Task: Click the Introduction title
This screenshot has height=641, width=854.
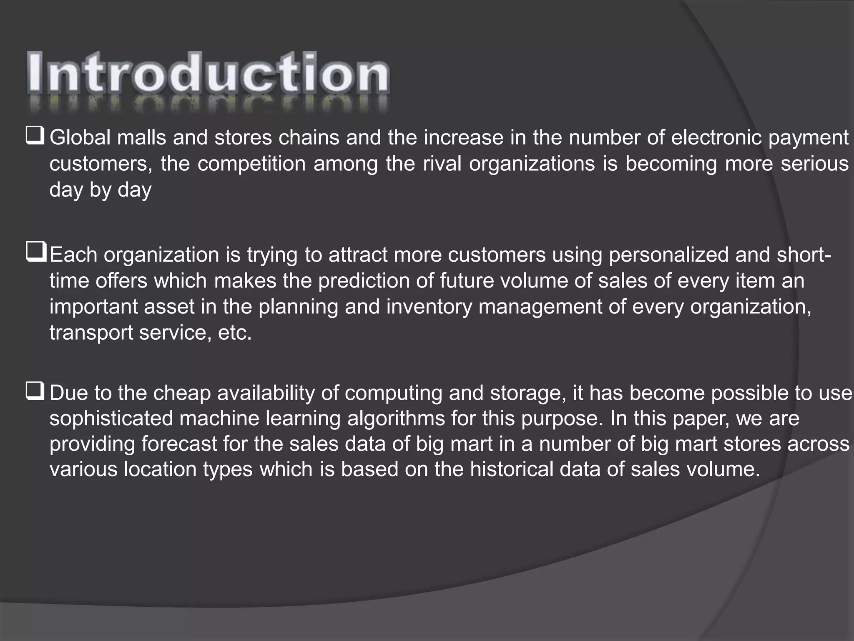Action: [208, 73]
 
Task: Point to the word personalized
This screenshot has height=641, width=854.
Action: [669, 255]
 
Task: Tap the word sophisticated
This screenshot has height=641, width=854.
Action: [111, 419]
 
